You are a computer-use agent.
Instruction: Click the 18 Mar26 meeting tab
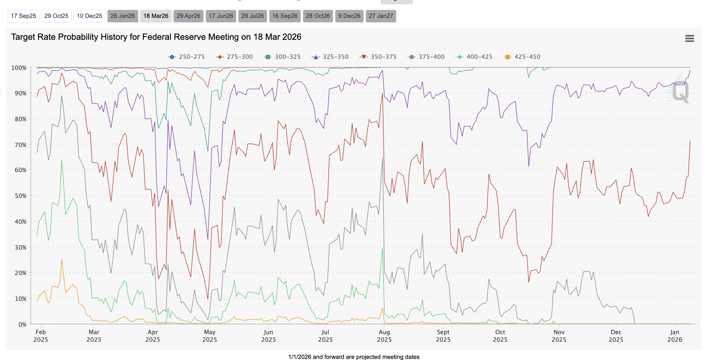pyautogui.click(x=156, y=16)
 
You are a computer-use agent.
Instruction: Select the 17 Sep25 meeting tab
pyautogui.click(x=23, y=16)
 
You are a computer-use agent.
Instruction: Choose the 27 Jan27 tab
pyautogui.click(x=381, y=16)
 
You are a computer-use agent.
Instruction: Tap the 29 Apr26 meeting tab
pyautogui.click(x=188, y=16)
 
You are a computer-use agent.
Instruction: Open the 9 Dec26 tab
pyautogui.click(x=349, y=16)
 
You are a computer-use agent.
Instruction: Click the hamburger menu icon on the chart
pyautogui.click(x=689, y=38)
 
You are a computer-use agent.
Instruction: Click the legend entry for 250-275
pyautogui.click(x=187, y=57)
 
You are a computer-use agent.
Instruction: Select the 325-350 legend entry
pyautogui.click(x=330, y=57)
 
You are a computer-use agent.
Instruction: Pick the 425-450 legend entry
pyautogui.click(x=522, y=57)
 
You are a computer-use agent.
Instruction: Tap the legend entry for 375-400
pyautogui.click(x=427, y=57)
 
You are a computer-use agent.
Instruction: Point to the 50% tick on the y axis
pyautogui.click(x=20, y=196)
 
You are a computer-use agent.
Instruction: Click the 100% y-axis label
pyautogui.click(x=19, y=68)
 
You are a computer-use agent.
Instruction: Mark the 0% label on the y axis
pyautogui.click(x=22, y=325)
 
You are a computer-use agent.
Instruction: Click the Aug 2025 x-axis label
pyautogui.click(x=384, y=336)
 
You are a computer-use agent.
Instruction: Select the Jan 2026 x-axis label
pyautogui.click(x=674, y=336)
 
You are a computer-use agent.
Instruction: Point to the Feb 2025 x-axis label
pyautogui.click(x=41, y=336)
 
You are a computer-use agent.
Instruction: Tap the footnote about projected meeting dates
pyautogui.click(x=354, y=357)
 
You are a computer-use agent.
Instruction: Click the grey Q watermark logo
pyautogui.click(x=680, y=92)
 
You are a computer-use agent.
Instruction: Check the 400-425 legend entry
pyautogui.click(x=474, y=57)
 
